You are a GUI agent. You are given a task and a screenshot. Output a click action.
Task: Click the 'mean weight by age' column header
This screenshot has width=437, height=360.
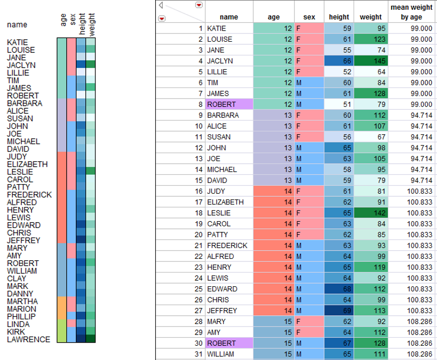[x=411, y=12]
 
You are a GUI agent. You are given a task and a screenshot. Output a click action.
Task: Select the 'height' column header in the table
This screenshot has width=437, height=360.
[x=339, y=17]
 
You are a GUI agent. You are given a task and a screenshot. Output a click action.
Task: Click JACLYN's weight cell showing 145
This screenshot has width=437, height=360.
[x=370, y=61]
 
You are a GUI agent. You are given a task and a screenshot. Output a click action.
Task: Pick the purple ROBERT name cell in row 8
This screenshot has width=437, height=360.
[x=229, y=104]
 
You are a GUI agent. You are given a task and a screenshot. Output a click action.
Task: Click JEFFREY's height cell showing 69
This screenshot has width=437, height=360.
[x=339, y=311]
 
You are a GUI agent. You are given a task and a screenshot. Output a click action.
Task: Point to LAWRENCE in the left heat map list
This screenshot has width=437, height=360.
[x=28, y=340]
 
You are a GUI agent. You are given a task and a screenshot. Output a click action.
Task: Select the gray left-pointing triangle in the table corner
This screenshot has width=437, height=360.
[x=161, y=5]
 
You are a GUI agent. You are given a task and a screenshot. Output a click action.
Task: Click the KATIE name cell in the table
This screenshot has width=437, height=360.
[x=229, y=28]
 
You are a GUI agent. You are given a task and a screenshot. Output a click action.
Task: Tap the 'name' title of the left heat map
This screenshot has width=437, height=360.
[x=17, y=25]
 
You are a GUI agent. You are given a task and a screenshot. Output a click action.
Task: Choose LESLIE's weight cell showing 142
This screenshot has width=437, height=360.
[x=370, y=213]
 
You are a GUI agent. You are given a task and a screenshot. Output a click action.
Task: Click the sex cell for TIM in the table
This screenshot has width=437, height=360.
[x=309, y=83]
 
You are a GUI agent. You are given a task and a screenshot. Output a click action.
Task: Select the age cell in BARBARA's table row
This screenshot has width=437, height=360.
[x=274, y=115]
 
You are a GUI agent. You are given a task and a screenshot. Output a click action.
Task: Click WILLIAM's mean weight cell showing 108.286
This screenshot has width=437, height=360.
[x=411, y=354]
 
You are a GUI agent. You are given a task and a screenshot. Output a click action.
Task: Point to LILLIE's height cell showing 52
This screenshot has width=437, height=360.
[x=339, y=72]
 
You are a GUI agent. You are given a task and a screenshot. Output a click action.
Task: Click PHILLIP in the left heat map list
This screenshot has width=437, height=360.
[x=21, y=317]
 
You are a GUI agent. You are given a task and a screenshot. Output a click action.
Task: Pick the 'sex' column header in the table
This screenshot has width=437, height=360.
[x=309, y=17]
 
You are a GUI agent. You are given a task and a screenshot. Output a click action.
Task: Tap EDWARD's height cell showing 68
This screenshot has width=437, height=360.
[x=339, y=289]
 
